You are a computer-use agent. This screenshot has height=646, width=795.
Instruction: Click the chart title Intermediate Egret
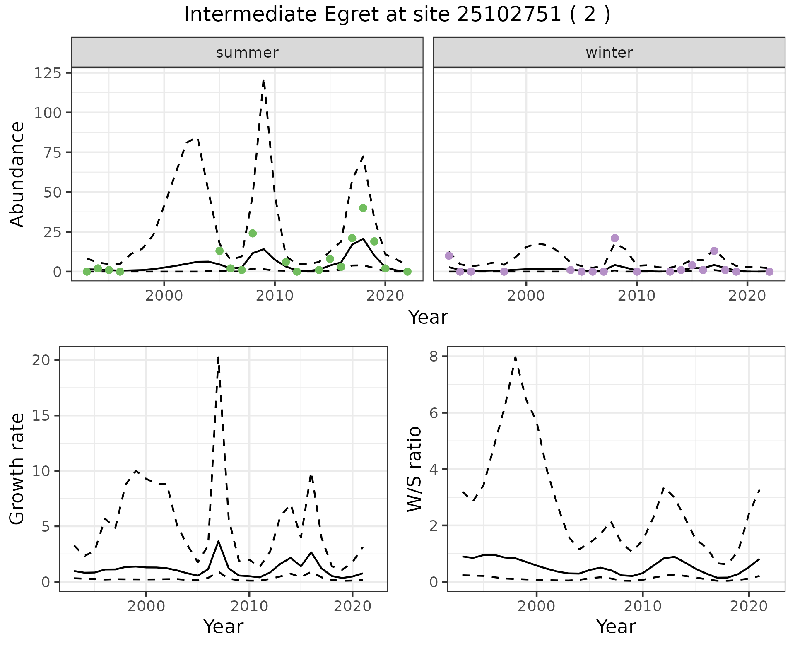[397, 15]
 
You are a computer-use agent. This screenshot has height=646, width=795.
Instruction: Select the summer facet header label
[247, 53]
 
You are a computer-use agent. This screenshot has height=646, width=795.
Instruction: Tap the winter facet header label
[609, 53]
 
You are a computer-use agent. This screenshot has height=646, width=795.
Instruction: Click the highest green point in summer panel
[363, 208]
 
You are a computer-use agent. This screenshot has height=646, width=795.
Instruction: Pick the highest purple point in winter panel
[614, 238]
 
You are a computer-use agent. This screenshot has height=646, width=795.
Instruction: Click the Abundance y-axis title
[17, 174]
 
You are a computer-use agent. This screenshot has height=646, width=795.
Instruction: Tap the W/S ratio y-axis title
[414, 469]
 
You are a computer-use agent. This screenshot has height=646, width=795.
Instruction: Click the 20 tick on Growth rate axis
[41, 360]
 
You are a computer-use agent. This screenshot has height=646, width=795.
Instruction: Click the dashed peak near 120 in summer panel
[264, 80]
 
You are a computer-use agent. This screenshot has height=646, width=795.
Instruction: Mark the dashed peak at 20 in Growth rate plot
[218, 357]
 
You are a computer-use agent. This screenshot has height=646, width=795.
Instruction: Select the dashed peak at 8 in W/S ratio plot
[515, 357]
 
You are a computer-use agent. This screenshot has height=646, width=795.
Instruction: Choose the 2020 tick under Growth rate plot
[352, 607]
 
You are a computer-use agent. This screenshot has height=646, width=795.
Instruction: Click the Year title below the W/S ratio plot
[616, 627]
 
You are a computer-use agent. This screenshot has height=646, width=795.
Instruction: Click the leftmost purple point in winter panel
[449, 256]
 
